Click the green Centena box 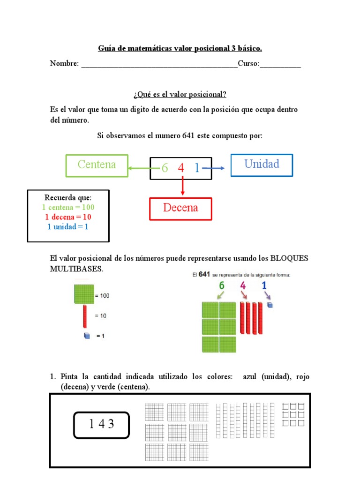click(97, 165)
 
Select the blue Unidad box click(261, 165)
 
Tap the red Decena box click(180, 209)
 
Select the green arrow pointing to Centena click(139, 167)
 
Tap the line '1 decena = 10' click(68, 217)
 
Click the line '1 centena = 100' click(68, 207)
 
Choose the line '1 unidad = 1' click(68, 227)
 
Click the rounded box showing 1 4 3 click(101, 425)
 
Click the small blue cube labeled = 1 click(86, 336)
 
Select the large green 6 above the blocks click(221, 285)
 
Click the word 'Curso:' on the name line click(248, 64)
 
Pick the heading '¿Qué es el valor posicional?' click(180, 95)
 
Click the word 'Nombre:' click(64, 64)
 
